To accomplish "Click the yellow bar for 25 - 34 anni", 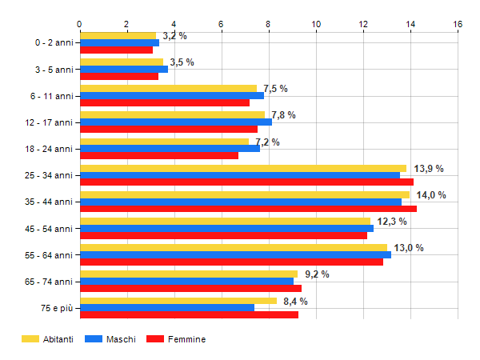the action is click(x=243, y=168).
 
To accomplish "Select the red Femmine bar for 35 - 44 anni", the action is click(x=249, y=209).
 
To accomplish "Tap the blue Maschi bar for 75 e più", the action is click(x=167, y=308).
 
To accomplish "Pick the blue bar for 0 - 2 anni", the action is click(x=120, y=43).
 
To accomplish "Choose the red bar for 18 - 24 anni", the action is click(x=159, y=155).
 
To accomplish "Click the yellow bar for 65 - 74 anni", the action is click(x=189, y=274).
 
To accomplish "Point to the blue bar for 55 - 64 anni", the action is click(x=236, y=254).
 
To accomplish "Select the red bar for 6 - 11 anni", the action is click(x=165, y=103).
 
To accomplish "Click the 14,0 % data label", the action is click(x=431, y=195).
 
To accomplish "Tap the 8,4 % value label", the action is click(x=295, y=302).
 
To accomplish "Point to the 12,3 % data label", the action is click(x=392, y=222).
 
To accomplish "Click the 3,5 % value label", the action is click(x=182, y=62).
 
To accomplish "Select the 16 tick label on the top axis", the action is click(x=458, y=24).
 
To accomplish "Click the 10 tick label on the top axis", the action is click(x=316, y=24).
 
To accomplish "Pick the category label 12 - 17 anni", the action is click(x=49, y=122).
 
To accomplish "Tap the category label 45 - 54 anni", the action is click(x=49, y=229).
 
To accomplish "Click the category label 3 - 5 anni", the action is click(x=54, y=70).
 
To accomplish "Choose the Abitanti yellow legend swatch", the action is click(x=30, y=339).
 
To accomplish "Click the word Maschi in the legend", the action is click(x=121, y=339).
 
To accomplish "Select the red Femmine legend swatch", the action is click(x=155, y=339).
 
